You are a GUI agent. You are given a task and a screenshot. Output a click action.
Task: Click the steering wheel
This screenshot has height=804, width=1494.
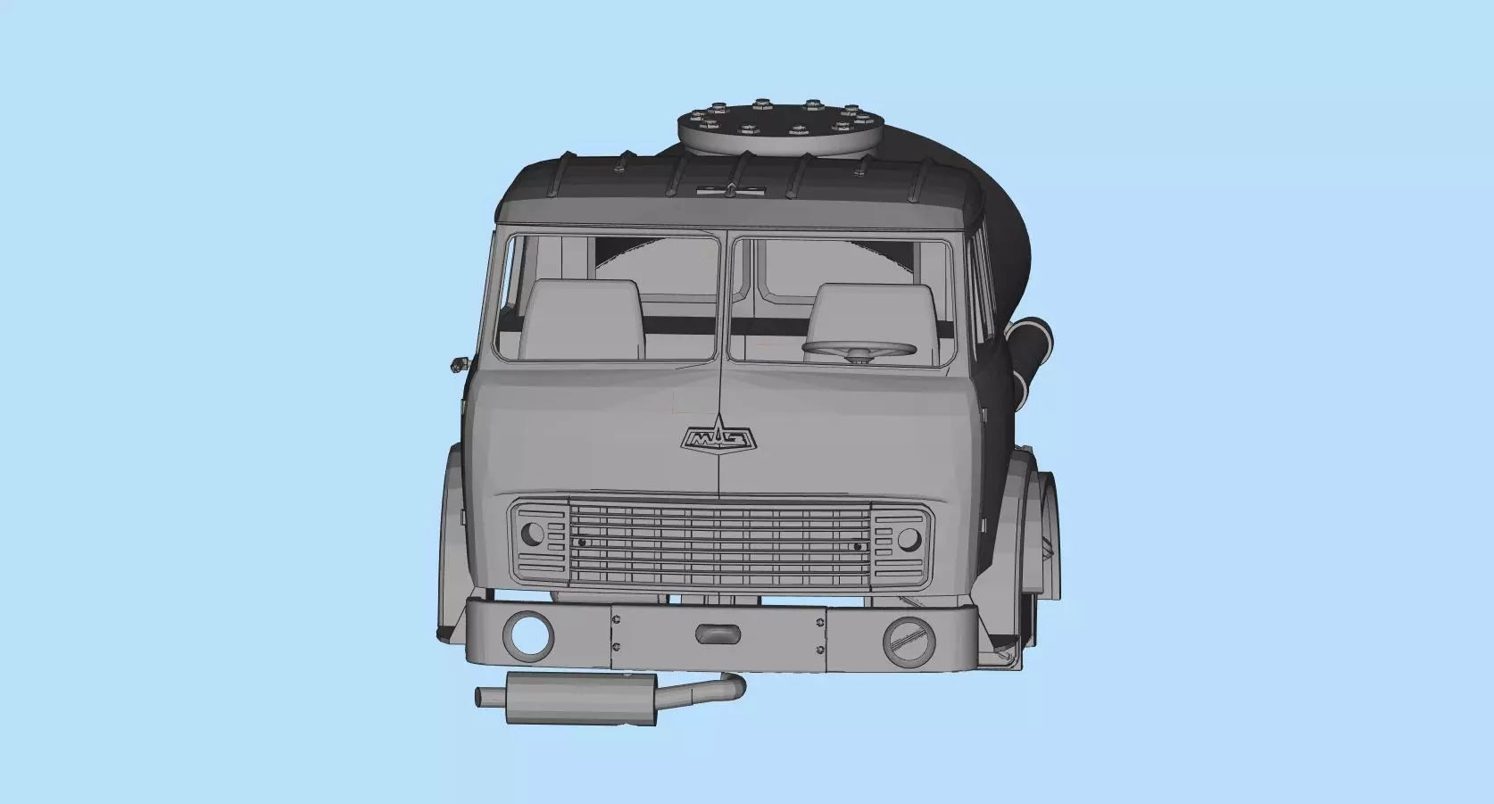pos(859,350)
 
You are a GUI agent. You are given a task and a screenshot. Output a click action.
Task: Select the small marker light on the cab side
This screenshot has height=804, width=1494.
pos(459,362)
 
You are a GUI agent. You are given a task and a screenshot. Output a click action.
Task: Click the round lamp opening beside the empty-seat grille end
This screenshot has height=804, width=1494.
pos(532,535)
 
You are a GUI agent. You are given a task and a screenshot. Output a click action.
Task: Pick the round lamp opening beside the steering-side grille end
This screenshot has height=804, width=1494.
pos(909,538)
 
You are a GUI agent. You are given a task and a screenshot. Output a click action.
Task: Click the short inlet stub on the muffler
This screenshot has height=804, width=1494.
pos(490,694)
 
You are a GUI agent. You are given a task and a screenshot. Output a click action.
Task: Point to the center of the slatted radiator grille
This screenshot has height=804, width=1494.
pos(720,543)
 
